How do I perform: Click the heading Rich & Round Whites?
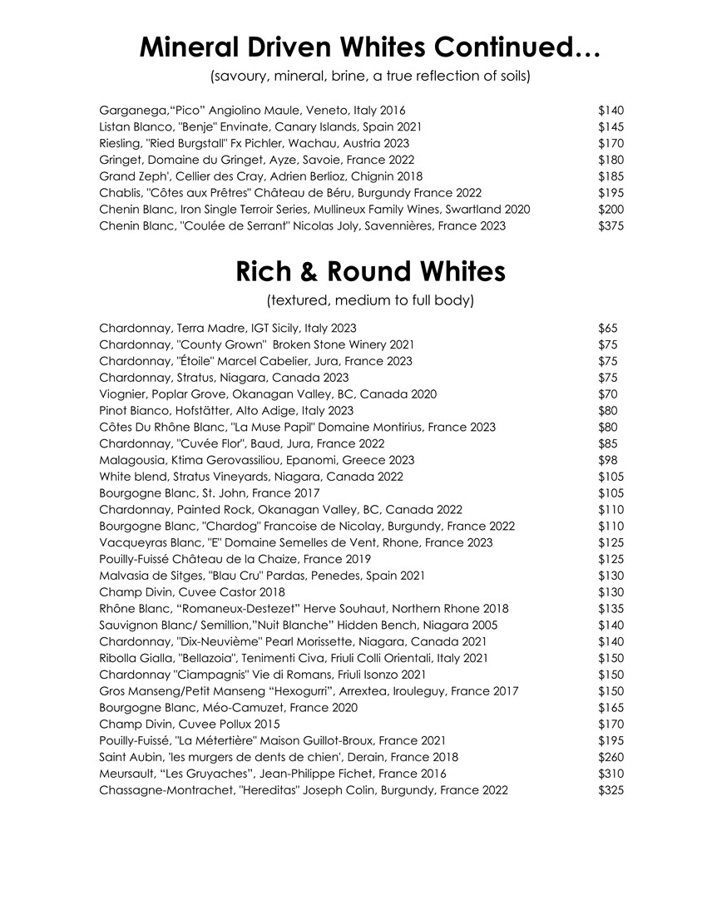point(370,271)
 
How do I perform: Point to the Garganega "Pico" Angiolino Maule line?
point(252,110)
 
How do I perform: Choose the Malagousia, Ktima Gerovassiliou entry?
point(256,460)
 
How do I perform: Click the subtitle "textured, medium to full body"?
point(370,299)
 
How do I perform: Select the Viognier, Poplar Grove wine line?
point(267,393)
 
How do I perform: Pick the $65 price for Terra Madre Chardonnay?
point(608,328)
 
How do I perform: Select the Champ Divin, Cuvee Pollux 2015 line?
point(190,724)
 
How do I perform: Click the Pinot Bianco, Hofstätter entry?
point(226,410)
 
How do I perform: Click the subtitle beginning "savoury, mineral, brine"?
point(370,77)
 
